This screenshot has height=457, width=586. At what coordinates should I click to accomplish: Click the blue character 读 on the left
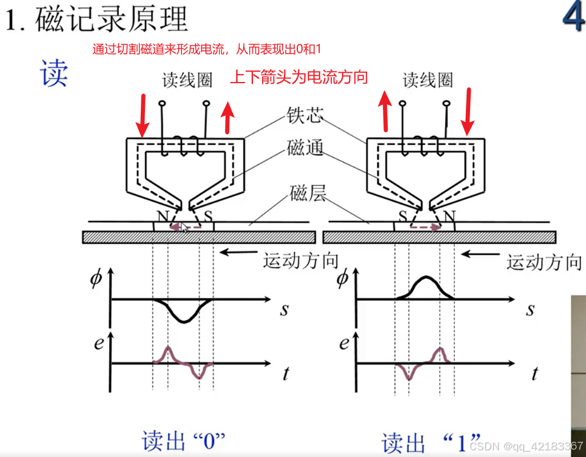(54, 73)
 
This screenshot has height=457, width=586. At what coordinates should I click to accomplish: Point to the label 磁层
(308, 194)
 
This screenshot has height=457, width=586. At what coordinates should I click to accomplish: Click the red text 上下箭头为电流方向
(299, 77)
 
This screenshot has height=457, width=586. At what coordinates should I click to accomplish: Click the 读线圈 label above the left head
(187, 80)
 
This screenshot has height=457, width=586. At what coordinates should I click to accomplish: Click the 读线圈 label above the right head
(428, 80)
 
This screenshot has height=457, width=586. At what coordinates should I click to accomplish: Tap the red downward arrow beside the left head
(142, 115)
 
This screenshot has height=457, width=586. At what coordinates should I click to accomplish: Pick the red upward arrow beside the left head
(227, 118)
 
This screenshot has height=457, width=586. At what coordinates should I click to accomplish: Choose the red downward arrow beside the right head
(467, 112)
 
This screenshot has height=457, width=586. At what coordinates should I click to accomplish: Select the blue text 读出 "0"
(183, 441)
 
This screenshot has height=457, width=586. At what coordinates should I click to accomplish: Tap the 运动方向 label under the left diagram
(300, 260)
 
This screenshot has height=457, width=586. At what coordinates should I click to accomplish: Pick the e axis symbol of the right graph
(344, 344)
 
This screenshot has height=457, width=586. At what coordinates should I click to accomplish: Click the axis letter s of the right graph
(530, 310)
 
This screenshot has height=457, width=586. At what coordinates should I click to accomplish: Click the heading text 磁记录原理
(112, 20)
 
